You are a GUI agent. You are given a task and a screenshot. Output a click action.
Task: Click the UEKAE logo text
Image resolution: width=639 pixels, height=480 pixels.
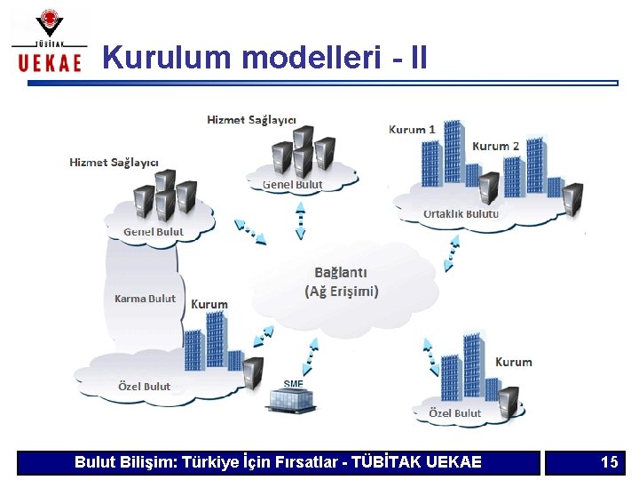(50, 60)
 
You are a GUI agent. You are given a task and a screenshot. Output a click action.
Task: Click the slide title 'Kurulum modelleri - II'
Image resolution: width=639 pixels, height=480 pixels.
(264, 58)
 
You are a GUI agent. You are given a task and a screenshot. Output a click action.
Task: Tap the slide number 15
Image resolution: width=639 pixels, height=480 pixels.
(609, 462)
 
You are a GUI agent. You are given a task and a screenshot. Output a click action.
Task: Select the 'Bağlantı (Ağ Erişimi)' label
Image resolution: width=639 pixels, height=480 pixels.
(342, 282)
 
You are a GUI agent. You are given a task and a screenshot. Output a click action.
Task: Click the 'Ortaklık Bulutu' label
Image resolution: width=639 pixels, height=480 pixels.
(461, 213)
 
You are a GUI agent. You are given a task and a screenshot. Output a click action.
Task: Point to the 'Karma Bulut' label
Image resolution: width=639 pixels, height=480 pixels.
(145, 299)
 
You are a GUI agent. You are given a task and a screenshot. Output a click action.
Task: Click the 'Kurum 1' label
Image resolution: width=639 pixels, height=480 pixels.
(412, 129)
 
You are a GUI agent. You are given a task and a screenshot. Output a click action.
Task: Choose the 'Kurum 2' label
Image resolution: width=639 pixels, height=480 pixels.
(495, 146)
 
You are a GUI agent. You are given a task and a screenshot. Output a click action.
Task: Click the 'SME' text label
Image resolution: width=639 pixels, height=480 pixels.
(293, 384)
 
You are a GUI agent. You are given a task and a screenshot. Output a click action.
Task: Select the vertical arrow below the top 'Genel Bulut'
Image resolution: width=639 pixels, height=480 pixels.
(300, 220)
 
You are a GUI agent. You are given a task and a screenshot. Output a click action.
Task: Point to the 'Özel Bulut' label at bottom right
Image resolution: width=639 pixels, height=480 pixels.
(454, 413)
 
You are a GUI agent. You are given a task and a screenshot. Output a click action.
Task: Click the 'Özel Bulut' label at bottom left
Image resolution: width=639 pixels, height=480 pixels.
(144, 387)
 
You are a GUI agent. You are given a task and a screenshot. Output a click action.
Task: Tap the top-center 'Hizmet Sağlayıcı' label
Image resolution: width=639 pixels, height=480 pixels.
(251, 119)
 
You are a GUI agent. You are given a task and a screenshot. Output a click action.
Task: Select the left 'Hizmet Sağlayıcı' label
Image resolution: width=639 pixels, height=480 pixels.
(114, 162)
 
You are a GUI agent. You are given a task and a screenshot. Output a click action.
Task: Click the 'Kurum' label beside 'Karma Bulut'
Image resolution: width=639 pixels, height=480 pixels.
(209, 304)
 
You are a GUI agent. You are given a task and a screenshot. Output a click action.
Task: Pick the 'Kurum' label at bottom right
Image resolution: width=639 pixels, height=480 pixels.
(513, 362)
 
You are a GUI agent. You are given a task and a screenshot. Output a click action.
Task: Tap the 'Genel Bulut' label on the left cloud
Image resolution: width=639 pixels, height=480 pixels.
(153, 232)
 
